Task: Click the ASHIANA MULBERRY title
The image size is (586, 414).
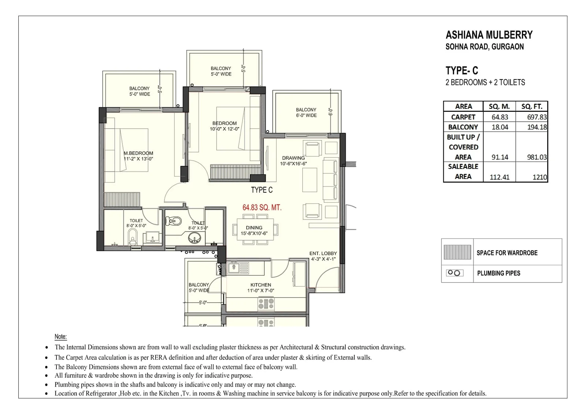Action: (x=489, y=35)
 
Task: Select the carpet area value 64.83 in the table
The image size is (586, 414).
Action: (x=500, y=117)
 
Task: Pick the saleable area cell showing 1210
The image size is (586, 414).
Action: (x=539, y=177)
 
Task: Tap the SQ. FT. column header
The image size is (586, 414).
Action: (x=531, y=107)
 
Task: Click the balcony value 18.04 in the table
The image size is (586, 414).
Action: (x=500, y=127)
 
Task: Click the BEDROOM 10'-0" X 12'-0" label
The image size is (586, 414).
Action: (x=224, y=126)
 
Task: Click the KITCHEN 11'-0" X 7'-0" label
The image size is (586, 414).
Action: (x=261, y=288)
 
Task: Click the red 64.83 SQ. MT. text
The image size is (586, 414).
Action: (x=262, y=208)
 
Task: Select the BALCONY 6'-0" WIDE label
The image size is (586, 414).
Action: (x=306, y=112)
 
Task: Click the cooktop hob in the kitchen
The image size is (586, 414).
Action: (x=266, y=304)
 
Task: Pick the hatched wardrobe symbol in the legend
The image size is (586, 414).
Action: (x=457, y=252)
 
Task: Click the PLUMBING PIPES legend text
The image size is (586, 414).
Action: (x=498, y=273)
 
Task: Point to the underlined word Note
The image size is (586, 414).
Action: (x=61, y=337)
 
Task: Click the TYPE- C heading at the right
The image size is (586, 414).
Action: (x=461, y=71)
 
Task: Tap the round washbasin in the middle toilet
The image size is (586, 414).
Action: (x=194, y=239)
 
